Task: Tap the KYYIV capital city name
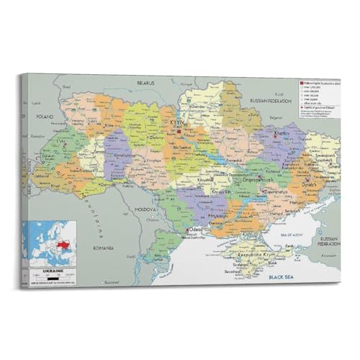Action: [177, 124]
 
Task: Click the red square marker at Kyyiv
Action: [179, 131]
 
